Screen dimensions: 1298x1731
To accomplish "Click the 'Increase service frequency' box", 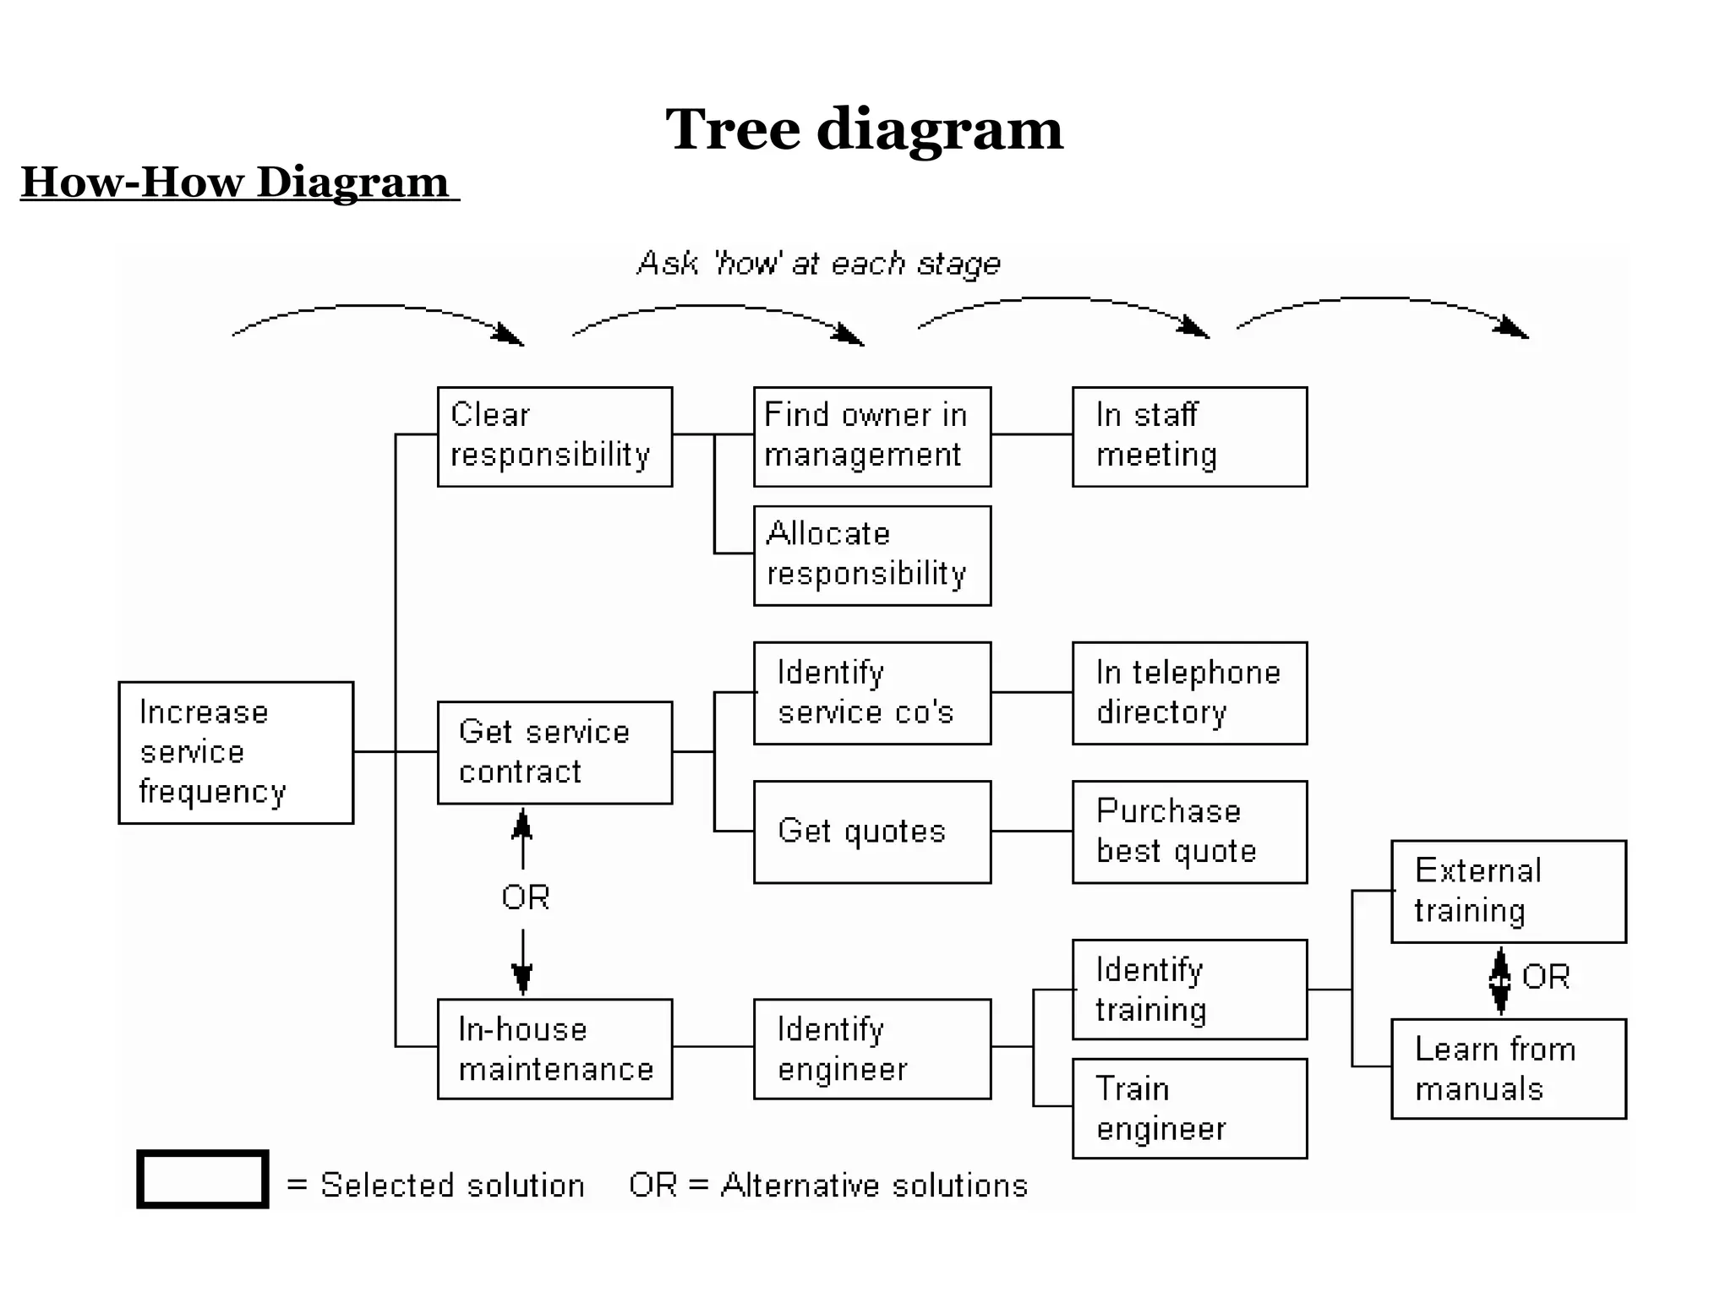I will pos(236,752).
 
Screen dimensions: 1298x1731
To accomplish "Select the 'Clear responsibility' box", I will pos(554,437).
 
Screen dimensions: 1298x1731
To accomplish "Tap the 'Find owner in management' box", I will pos(871,437).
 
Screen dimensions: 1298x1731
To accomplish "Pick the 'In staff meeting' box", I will pos(1189,437).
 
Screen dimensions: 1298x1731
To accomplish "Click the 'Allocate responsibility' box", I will pos(871,555).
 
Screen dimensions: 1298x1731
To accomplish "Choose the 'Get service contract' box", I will pos(554,752).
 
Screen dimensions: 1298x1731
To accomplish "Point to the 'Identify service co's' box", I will pos(871,693).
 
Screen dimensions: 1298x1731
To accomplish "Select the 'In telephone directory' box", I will pos(1189,693).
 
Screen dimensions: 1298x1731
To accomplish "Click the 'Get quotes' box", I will pos(871,832).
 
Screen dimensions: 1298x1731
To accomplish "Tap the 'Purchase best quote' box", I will pos(1189,832).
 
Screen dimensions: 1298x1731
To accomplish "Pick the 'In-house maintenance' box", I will pos(554,1049).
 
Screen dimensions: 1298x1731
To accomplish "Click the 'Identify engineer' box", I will pos(871,1049).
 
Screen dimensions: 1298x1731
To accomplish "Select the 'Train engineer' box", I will pos(1189,1108).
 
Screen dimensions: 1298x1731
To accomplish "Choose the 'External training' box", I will pos(1508,891).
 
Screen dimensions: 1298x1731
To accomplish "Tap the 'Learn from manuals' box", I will pos(1508,1068).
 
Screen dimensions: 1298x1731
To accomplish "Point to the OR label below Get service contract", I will pos(525,897).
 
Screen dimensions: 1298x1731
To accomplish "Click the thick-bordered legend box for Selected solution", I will pos(203,1179).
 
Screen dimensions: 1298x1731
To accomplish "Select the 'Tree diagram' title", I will pos(864,129).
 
